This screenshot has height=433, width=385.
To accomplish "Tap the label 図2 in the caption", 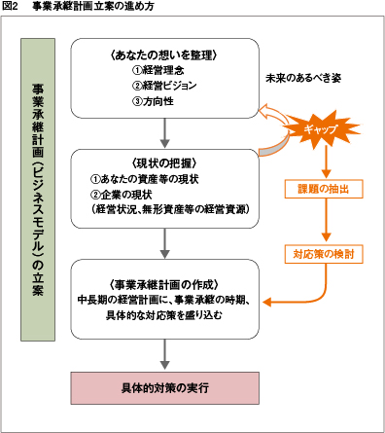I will point(11,7).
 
